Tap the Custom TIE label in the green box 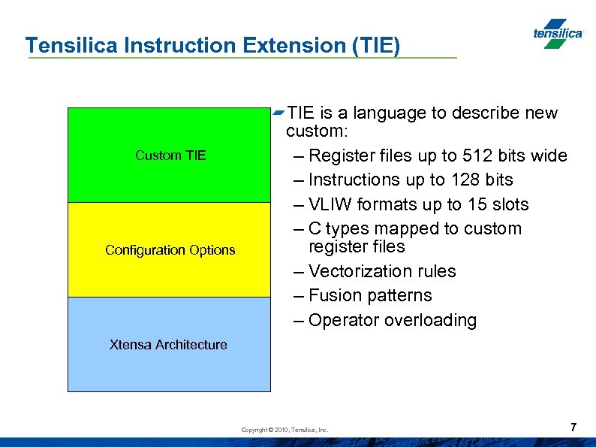tap(170, 156)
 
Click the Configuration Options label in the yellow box tap(170, 250)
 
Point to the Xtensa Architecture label tap(168, 345)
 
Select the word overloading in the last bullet tap(430, 320)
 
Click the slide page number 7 tap(573, 427)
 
